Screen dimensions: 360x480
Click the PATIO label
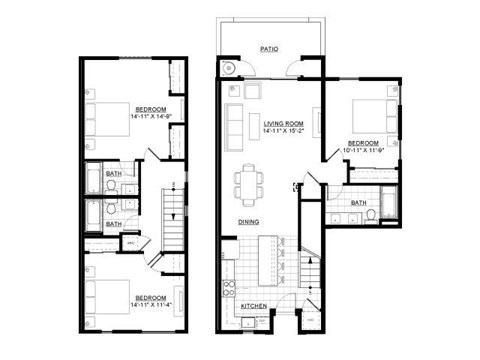[268, 48]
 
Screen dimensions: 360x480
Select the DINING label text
[249, 221]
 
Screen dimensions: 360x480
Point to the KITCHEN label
[253, 305]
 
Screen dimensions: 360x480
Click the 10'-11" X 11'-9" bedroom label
[363, 143]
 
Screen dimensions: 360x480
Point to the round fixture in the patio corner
[227, 68]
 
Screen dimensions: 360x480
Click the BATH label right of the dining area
[358, 203]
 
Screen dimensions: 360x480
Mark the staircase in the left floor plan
[172, 210]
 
